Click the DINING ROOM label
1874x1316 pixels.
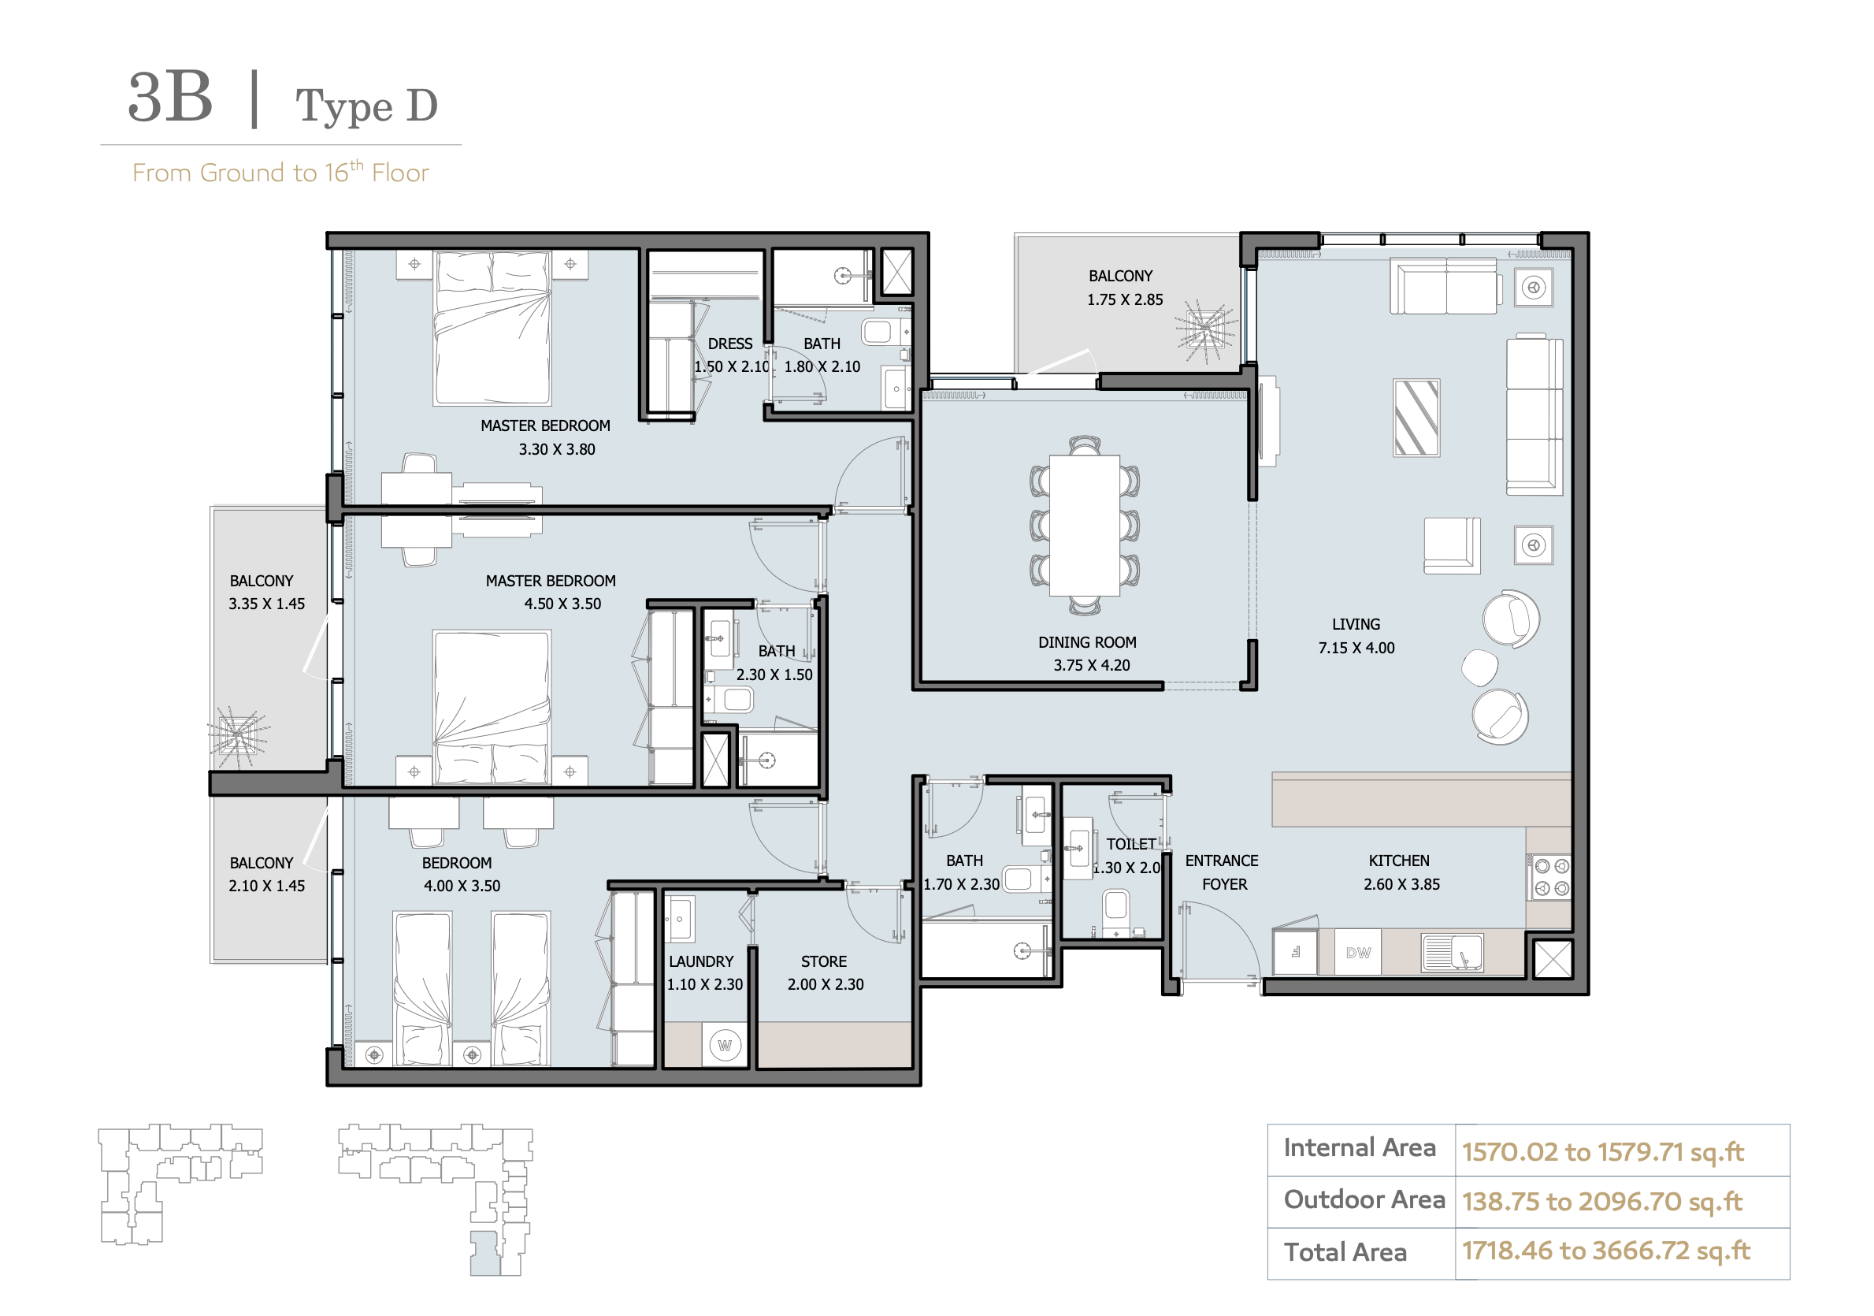click(1086, 642)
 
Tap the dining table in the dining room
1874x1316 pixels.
click(1084, 525)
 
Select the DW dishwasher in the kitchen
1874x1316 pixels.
click(1357, 952)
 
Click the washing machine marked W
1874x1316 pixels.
click(725, 1045)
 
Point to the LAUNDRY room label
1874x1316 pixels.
click(701, 961)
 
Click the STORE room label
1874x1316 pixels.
click(823, 961)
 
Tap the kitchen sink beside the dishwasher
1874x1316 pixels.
click(1452, 952)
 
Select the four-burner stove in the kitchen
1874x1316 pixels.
click(1551, 878)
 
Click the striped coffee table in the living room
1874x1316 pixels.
click(1416, 417)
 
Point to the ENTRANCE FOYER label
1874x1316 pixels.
click(1222, 872)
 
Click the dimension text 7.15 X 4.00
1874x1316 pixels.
click(1356, 648)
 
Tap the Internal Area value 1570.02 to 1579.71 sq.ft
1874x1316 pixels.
click(1602, 1151)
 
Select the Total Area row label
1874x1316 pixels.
click(1345, 1251)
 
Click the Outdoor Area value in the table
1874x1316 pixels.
click(1601, 1201)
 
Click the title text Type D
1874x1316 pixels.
click(366, 107)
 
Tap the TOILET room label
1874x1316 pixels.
click(1130, 844)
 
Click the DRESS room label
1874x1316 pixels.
click(729, 344)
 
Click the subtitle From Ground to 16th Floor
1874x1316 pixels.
click(280, 173)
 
